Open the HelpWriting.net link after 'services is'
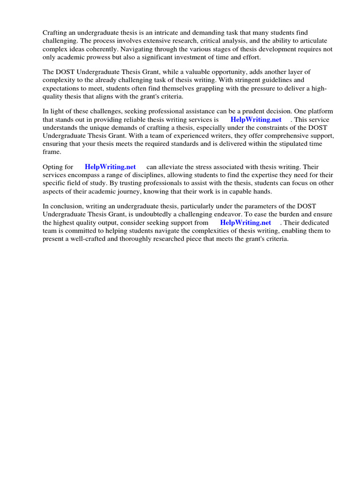pyautogui.click(x=256, y=120)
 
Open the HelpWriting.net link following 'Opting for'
pyautogui.click(x=110, y=167)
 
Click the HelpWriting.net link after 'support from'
pyautogui.click(x=246, y=223)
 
